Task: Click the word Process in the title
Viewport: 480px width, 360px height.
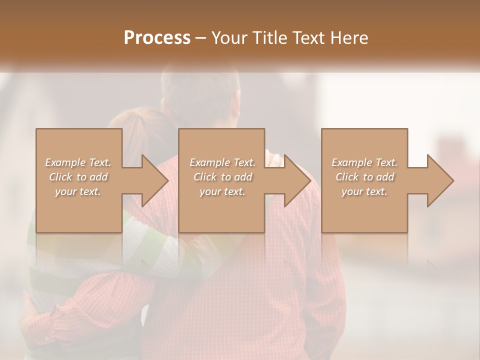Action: [x=157, y=38]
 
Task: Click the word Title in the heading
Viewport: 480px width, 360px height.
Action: [x=268, y=38]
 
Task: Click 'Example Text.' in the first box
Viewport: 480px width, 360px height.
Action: [x=78, y=162]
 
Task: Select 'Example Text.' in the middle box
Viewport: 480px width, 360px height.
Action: [x=222, y=162]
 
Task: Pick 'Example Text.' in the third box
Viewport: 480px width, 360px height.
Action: [x=364, y=162]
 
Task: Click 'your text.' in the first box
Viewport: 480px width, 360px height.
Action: [x=78, y=191]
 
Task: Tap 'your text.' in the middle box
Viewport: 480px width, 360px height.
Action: [x=222, y=191]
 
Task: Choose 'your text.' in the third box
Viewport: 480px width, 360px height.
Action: [x=364, y=191]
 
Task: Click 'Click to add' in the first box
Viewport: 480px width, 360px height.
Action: [x=78, y=177]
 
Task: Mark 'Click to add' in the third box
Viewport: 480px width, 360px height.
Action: [x=364, y=177]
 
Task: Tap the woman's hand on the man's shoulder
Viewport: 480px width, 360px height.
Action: [x=273, y=153]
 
